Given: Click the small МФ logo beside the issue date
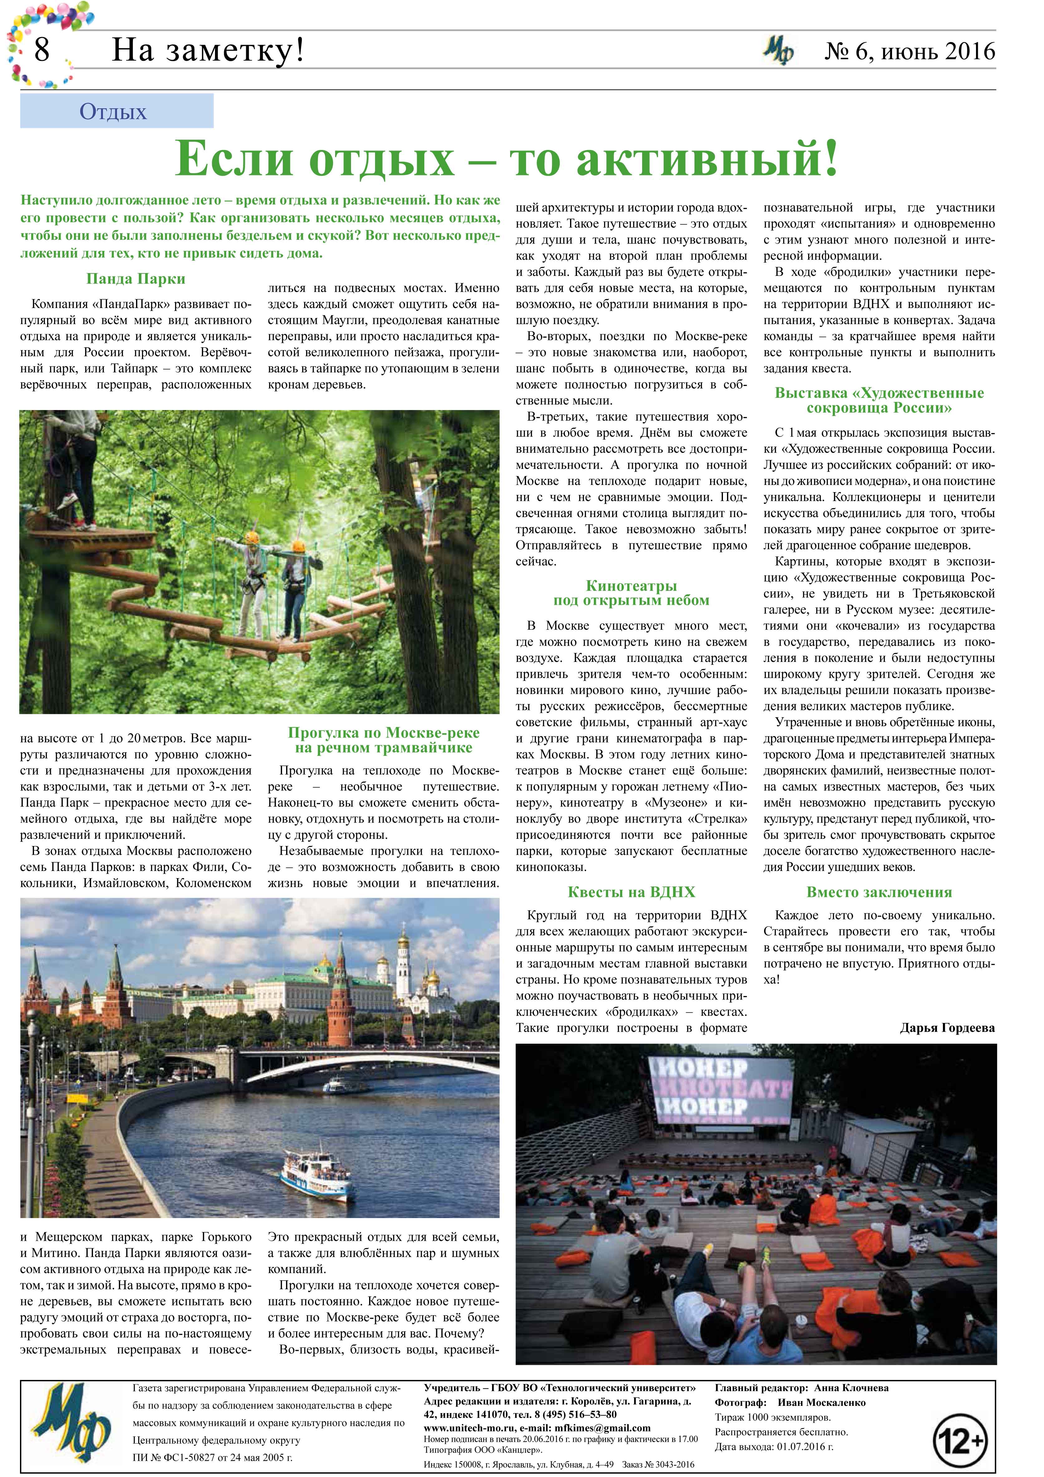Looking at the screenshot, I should coord(778,51).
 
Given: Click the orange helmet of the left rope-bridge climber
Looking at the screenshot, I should coord(251,537).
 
